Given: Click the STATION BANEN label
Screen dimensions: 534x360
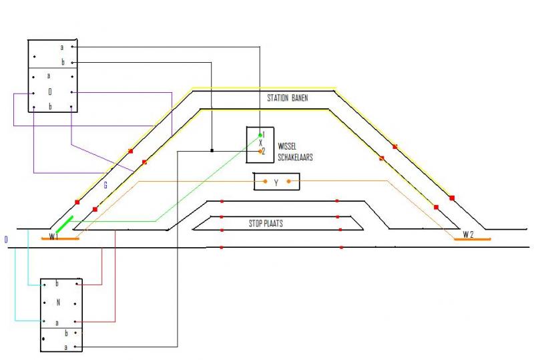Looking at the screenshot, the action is pyautogui.click(x=288, y=98).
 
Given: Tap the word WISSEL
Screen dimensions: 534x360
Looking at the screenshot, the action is pyautogui.click(x=287, y=146).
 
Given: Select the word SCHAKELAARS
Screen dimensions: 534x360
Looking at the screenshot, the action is pyautogui.click(x=295, y=157).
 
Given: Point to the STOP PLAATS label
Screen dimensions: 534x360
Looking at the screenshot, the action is pyautogui.click(x=266, y=223).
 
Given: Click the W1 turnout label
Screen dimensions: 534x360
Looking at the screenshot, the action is pyautogui.click(x=54, y=236).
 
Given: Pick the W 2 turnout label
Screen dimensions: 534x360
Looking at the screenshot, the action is pyautogui.click(x=468, y=234).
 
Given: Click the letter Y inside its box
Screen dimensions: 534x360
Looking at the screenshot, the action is pyautogui.click(x=276, y=183).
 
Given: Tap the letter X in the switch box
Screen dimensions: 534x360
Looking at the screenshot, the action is pyautogui.click(x=260, y=143).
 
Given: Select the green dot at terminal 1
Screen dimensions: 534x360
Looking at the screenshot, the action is pyautogui.click(x=260, y=136).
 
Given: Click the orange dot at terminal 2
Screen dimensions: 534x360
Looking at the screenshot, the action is pyautogui.click(x=260, y=152).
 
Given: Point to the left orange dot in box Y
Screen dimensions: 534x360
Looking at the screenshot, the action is pyautogui.click(x=265, y=182).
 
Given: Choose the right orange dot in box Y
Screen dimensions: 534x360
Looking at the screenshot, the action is pyautogui.click(x=289, y=182).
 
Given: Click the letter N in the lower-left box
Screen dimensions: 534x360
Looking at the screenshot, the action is pyautogui.click(x=58, y=302).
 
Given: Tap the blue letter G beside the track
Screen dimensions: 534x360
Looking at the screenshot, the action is pyautogui.click(x=105, y=185).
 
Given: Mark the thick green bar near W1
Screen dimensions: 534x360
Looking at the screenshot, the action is pyautogui.click(x=65, y=224).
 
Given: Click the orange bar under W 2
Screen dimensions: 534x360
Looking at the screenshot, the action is pyautogui.click(x=473, y=239).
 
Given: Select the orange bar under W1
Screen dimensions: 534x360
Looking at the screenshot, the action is pyautogui.click(x=60, y=238).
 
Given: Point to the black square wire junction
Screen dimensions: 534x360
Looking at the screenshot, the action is pyautogui.click(x=212, y=150).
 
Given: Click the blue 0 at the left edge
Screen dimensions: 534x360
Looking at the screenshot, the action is pyautogui.click(x=6, y=240).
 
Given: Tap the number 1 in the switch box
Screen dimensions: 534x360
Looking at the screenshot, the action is pyautogui.click(x=264, y=135).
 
